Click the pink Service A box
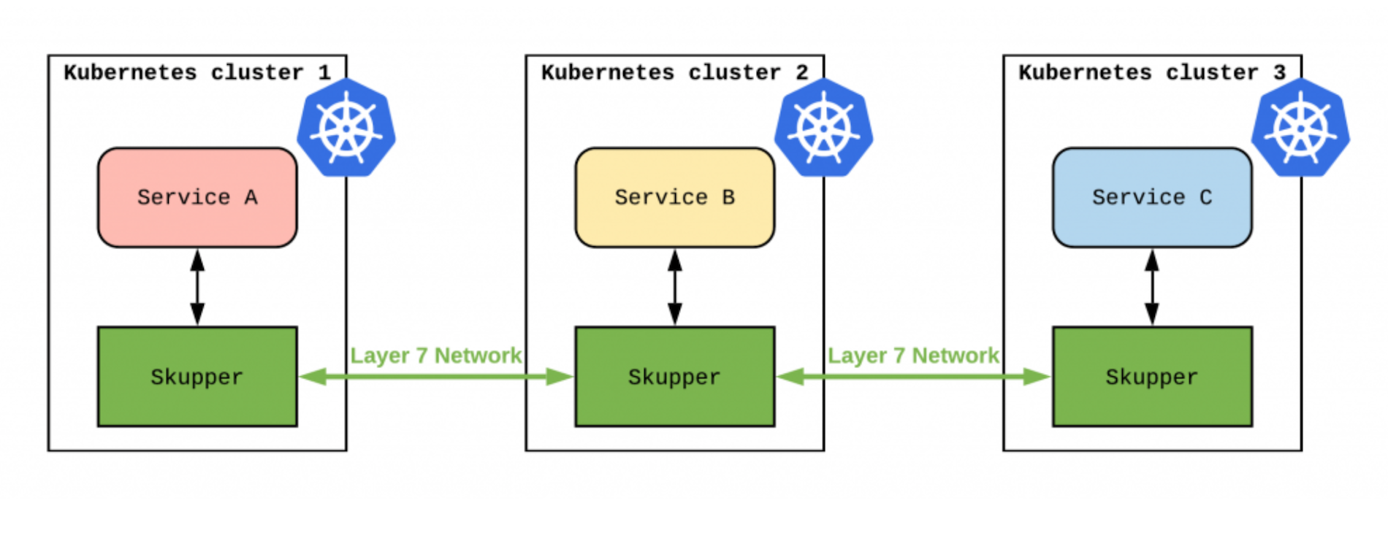tap(197, 197)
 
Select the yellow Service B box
tap(674, 197)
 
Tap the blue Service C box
tap(1152, 197)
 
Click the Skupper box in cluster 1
tap(197, 377)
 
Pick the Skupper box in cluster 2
tap(674, 377)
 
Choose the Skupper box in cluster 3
tap(1152, 377)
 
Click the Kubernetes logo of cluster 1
tap(346, 128)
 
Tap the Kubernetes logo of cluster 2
tap(823, 128)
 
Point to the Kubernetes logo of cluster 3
tap(1300, 128)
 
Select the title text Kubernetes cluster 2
tap(674, 72)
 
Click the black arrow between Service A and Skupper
tap(197, 287)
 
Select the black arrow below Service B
tap(675, 287)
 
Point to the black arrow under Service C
tap(1152, 287)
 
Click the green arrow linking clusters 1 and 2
tap(436, 377)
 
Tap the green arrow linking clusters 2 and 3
tap(913, 377)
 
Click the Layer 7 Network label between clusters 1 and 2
tap(436, 356)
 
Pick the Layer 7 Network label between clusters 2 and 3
tap(913, 356)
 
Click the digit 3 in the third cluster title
tap(1279, 72)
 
